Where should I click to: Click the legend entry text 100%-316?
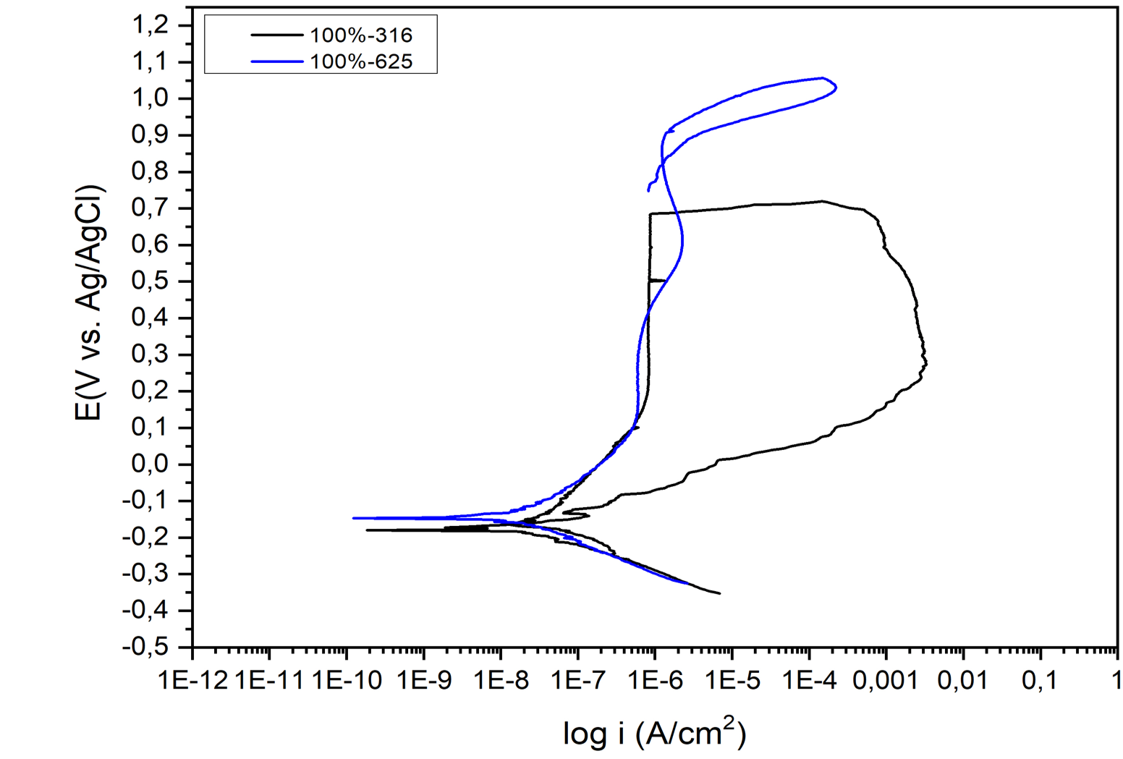(361, 35)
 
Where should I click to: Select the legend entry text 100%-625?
(361, 62)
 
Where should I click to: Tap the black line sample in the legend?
(277, 35)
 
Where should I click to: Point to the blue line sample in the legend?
(277, 62)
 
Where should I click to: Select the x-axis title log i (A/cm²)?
(654, 732)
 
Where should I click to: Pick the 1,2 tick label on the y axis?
(151, 25)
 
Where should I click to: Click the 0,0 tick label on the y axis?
(151, 464)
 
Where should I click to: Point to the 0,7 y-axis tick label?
(151, 208)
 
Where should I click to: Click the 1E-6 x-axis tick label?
(655, 681)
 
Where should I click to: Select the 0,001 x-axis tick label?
(885, 681)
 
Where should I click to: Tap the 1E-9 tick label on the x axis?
(424, 681)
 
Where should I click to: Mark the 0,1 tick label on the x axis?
(1040, 681)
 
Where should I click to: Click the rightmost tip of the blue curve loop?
(836, 88)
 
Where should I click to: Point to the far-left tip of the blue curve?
(354, 518)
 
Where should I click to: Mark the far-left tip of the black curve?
(368, 530)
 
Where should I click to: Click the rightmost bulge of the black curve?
(925, 361)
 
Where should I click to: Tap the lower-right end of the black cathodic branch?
(719, 593)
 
